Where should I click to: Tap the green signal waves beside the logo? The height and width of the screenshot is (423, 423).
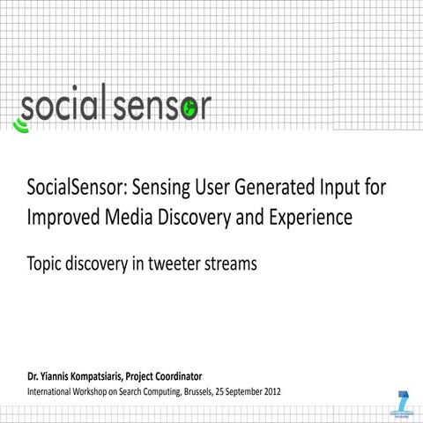click(x=19, y=125)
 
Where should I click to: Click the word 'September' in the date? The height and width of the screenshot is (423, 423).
click(x=234, y=390)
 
